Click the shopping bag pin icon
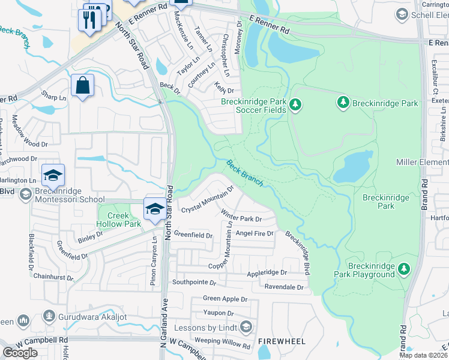82,85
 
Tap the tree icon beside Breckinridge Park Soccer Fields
295,106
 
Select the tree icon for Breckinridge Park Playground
405,267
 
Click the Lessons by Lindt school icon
245,327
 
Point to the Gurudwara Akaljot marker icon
49,316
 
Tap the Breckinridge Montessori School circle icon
25,194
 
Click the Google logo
20,353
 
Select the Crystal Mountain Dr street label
207,200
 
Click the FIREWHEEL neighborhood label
282,341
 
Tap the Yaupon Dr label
218,313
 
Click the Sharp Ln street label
54,97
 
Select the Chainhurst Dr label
53,278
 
